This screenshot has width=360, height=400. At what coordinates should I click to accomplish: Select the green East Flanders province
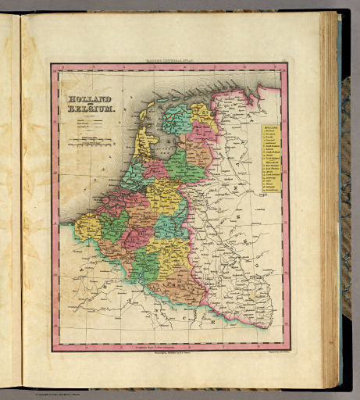(x=112, y=227)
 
